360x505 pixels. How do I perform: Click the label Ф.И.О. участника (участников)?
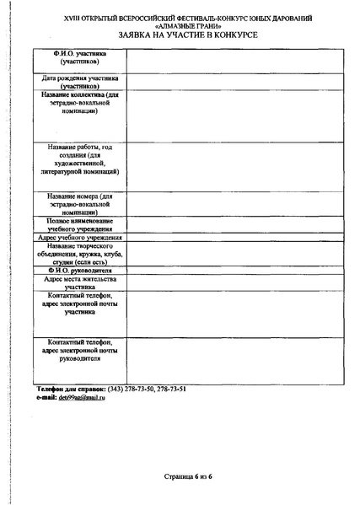(82, 58)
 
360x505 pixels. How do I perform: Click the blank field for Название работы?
(234, 164)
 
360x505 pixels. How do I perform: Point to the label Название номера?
(82, 203)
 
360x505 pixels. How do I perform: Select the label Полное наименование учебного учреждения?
(82, 225)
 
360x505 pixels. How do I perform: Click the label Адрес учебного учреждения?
(82, 239)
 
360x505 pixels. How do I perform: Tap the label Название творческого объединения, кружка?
(82, 254)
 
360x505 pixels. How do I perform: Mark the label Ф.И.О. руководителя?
(82, 270)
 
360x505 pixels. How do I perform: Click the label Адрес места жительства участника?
(82, 282)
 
